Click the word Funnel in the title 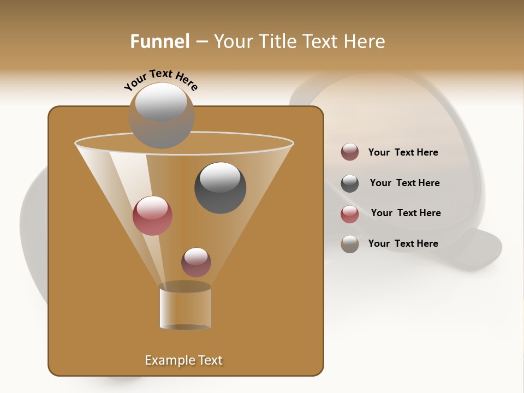(159, 41)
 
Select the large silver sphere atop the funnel (161, 115)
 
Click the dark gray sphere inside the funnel (220, 187)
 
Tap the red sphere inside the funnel (152, 216)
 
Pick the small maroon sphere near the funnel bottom (196, 262)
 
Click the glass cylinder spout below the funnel (185, 307)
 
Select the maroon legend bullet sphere (350, 152)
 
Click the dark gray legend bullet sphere (350, 183)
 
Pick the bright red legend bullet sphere (350, 214)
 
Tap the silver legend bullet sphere (350, 244)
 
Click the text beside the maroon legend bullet (403, 153)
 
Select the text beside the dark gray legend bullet (404, 183)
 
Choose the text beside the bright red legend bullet (406, 213)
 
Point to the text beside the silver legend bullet (403, 243)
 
